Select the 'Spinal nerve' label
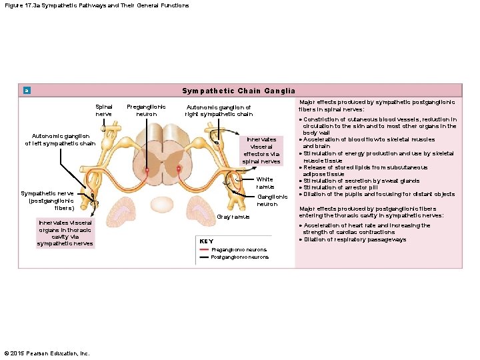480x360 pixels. coord(104,110)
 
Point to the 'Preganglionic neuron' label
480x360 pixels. coord(146,110)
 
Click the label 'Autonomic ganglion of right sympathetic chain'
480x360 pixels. coord(219,110)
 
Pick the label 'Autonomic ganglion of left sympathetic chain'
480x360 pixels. coord(60,140)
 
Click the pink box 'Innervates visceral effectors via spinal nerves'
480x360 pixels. coord(261,150)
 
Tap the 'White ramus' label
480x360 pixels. coord(265,183)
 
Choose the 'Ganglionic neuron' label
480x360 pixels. coord(272,200)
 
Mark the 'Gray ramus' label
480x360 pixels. coord(233,217)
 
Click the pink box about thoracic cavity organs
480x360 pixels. coord(65,233)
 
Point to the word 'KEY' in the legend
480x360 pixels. coord(207,241)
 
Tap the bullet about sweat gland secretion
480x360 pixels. coord(362,181)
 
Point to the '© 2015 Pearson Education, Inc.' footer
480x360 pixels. coord(47,353)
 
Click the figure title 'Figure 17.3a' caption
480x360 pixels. coord(96,5)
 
